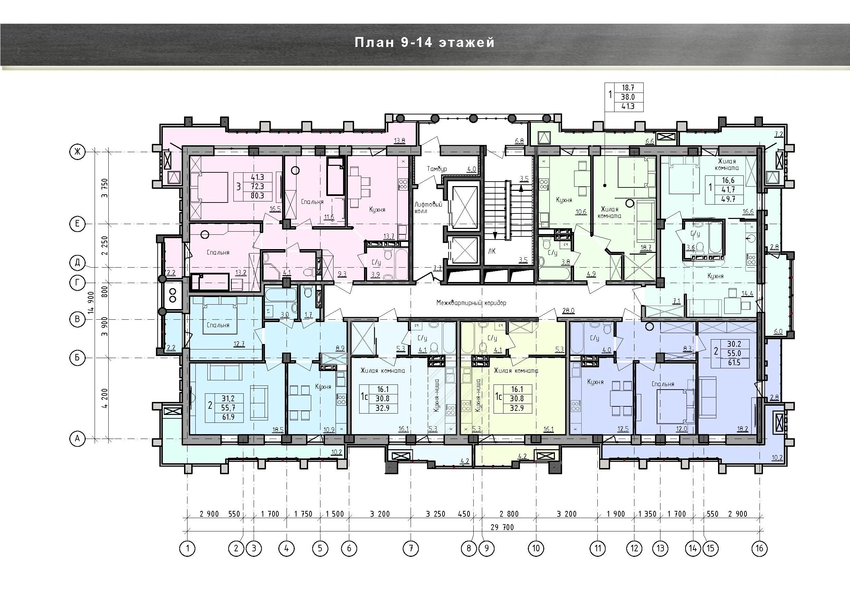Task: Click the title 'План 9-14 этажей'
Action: [x=425, y=42]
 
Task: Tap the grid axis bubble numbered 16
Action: [x=760, y=548]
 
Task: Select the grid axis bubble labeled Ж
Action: [x=77, y=152]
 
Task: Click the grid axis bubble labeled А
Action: [x=77, y=439]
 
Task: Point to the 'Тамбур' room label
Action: [x=437, y=169]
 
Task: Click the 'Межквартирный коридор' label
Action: [x=471, y=303]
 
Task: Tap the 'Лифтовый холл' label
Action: [x=428, y=208]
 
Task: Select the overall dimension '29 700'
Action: [x=502, y=527]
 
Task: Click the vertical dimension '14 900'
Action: [x=91, y=303]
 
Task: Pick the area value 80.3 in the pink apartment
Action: [x=257, y=196]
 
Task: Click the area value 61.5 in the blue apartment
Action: [x=734, y=363]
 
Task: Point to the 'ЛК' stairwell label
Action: [x=491, y=251]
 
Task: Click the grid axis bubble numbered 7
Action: [x=411, y=548]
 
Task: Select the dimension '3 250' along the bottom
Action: [x=435, y=514]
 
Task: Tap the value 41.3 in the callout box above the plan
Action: [x=628, y=107]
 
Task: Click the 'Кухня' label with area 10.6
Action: [x=564, y=200]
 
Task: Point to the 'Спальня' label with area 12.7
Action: [x=218, y=325]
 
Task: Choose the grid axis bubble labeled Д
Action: [x=77, y=263]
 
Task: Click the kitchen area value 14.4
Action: [x=748, y=294]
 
